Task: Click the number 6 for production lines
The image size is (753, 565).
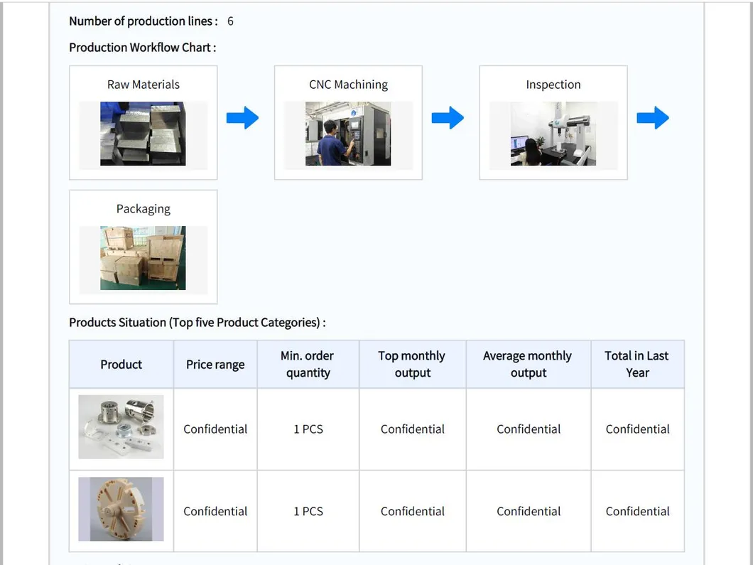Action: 230,21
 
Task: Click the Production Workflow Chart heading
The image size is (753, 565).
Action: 142,48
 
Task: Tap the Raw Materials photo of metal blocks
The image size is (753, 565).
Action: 143,134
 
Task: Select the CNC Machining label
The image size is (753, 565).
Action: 348,85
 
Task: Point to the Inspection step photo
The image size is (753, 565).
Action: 553,134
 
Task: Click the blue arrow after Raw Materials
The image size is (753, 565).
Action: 242,118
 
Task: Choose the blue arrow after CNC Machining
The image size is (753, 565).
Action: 448,118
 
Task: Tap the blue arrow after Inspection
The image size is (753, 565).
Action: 652,118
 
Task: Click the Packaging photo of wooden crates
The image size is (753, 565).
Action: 143,258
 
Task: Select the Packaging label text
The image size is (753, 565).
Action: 143,209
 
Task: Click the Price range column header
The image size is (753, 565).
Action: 215,365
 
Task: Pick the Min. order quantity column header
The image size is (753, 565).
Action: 308,364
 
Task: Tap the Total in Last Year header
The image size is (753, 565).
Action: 637,364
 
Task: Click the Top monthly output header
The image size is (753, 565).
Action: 412,364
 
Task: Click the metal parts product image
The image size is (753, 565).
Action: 121,427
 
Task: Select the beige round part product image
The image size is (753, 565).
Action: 121,509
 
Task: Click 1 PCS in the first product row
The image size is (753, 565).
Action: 308,429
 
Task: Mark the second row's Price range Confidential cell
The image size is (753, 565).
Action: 215,512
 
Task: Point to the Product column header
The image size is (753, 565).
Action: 121,365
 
